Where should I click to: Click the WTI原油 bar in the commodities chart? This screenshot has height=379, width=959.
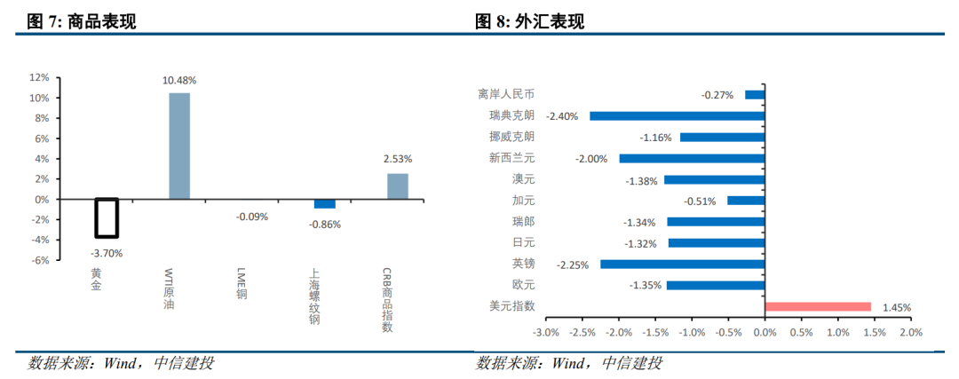pos(179,146)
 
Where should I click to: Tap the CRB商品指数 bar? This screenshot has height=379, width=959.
pos(398,186)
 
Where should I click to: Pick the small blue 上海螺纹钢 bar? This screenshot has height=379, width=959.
pos(325,203)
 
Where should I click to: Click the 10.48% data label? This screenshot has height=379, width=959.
pos(179,81)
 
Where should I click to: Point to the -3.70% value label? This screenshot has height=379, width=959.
pos(107,252)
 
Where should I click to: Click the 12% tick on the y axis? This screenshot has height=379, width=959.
pos(40,77)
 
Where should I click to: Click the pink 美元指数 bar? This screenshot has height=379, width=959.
pos(818,307)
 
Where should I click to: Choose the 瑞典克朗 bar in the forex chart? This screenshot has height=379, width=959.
pos(677,115)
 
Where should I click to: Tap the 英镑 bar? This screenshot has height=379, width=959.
pos(683,265)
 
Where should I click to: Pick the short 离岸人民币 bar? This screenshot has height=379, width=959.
pos(755,95)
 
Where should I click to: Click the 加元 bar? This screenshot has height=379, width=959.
pos(746,201)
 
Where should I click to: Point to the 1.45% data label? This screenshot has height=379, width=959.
pos(897,308)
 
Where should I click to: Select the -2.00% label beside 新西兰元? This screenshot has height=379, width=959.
pos(591,159)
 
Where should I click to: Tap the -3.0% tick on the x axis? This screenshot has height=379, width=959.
pos(545,332)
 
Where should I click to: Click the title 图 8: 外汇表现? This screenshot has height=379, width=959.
pos(529,22)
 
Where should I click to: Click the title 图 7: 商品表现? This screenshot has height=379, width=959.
pos(82,22)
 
